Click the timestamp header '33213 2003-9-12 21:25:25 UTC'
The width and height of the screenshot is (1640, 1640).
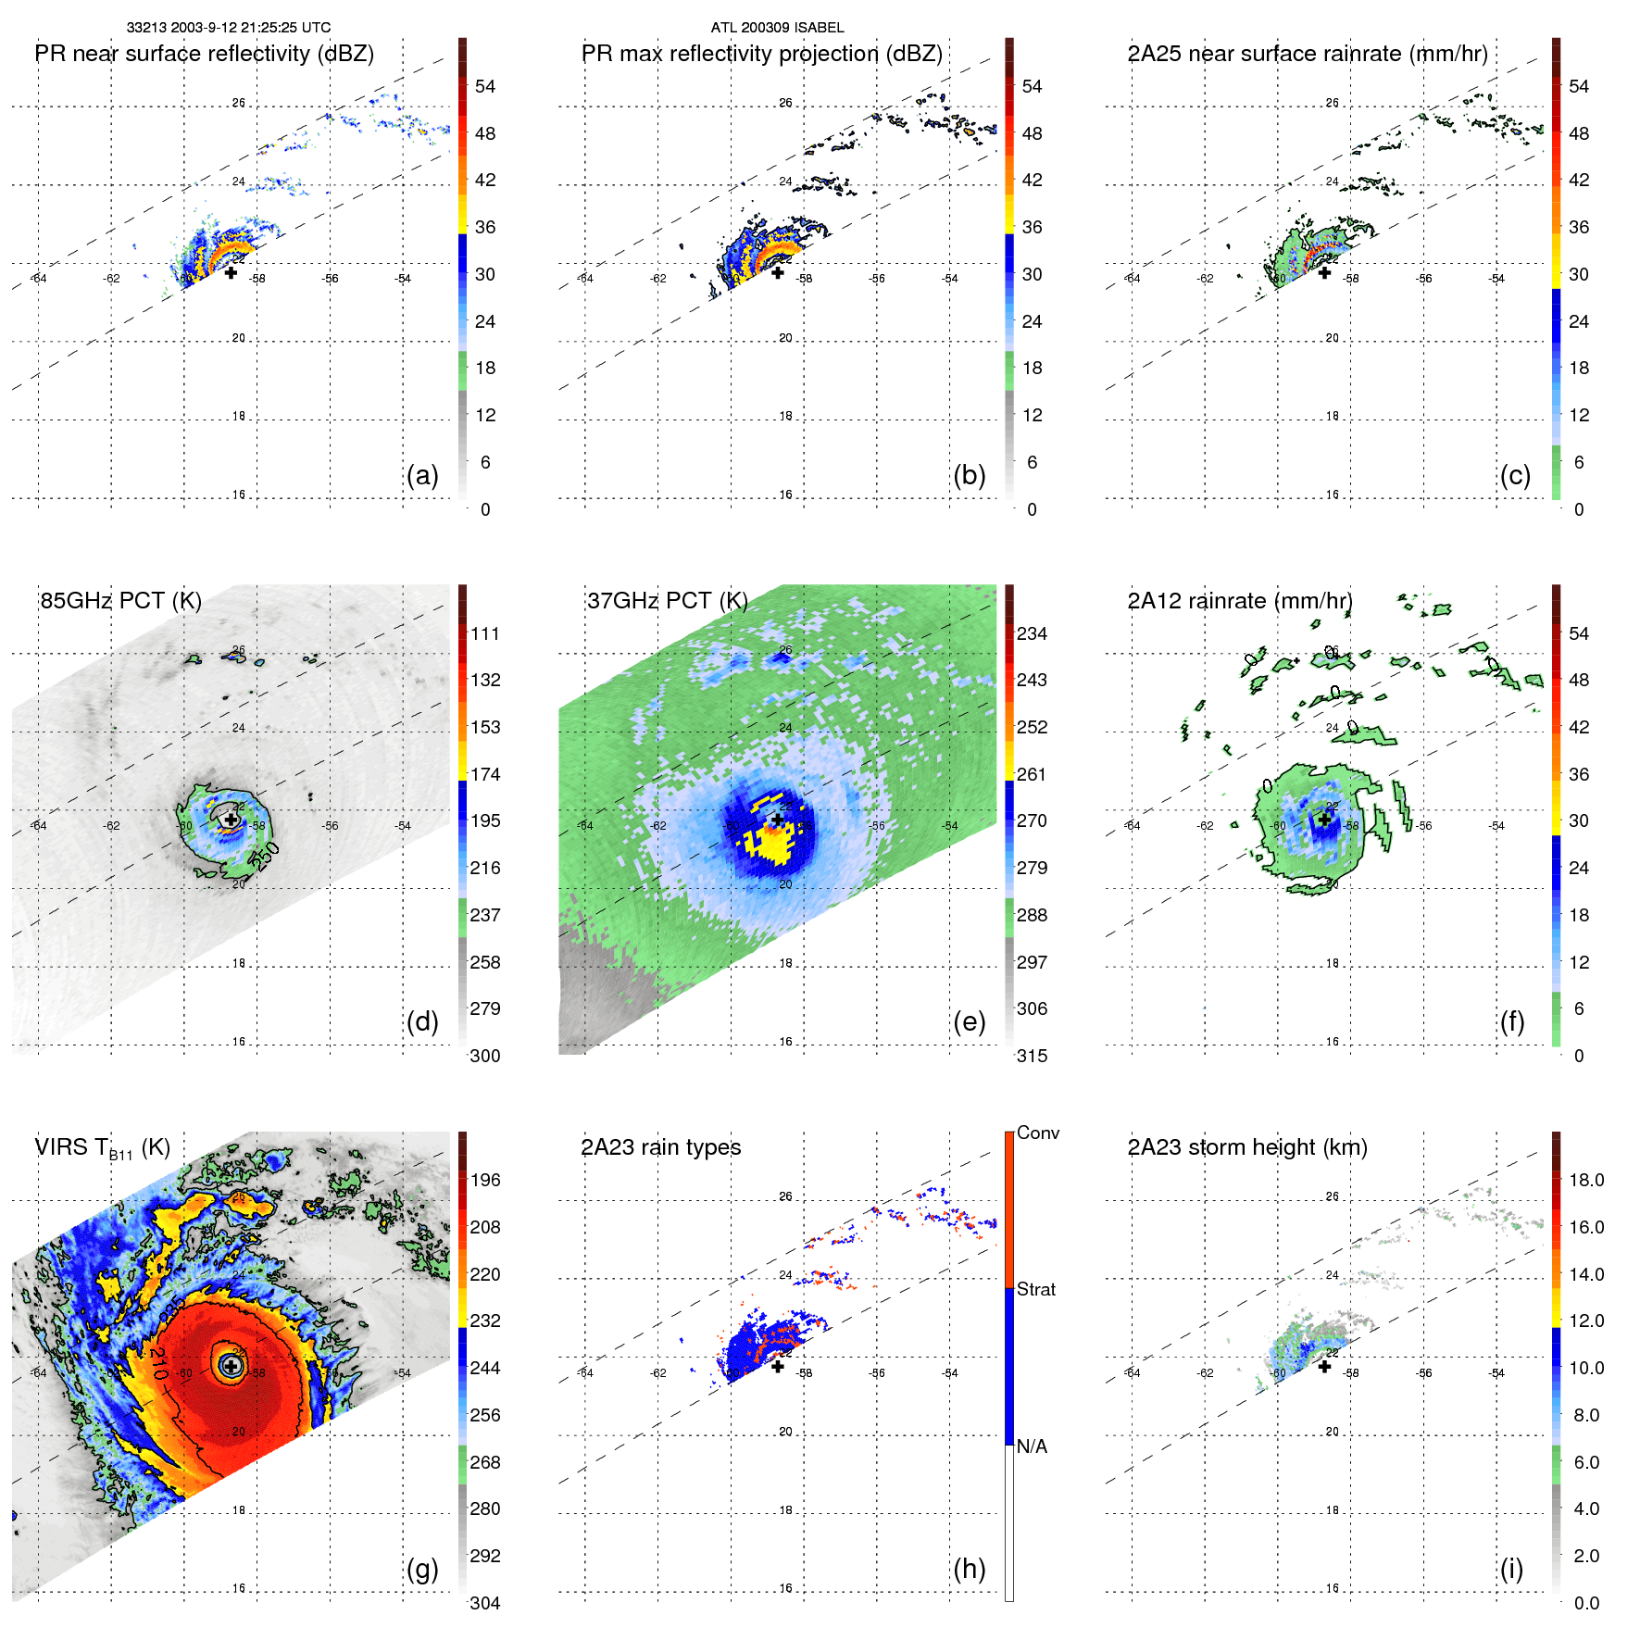point(229,28)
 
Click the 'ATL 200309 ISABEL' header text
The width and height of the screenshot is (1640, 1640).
point(777,28)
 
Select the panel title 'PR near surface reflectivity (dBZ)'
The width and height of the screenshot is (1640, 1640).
point(205,54)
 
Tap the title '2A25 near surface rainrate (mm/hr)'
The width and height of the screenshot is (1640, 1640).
point(1308,54)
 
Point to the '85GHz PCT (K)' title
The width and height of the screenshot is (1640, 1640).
point(121,601)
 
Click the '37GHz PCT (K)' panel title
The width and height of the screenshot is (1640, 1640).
point(668,601)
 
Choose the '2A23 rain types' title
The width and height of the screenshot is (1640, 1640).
point(661,1147)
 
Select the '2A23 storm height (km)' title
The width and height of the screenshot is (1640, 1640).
point(1247,1147)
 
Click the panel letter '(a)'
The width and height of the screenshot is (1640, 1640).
point(422,475)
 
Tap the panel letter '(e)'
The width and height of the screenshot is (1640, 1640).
point(970,1021)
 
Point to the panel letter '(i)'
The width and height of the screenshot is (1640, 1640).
point(1511,1569)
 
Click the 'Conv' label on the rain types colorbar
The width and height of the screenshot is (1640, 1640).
point(1038,1133)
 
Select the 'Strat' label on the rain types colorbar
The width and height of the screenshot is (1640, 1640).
point(1036,1289)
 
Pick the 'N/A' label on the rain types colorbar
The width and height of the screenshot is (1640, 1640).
point(1033,1446)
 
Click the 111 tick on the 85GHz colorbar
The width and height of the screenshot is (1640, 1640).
point(485,633)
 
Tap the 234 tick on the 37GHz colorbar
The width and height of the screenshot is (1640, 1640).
point(1032,633)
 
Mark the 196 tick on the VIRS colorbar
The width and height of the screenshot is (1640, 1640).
point(485,1180)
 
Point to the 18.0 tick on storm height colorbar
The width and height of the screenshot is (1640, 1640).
point(1586,1180)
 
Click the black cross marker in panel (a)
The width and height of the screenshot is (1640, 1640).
point(231,272)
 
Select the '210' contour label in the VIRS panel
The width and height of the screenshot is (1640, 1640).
point(158,1363)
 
